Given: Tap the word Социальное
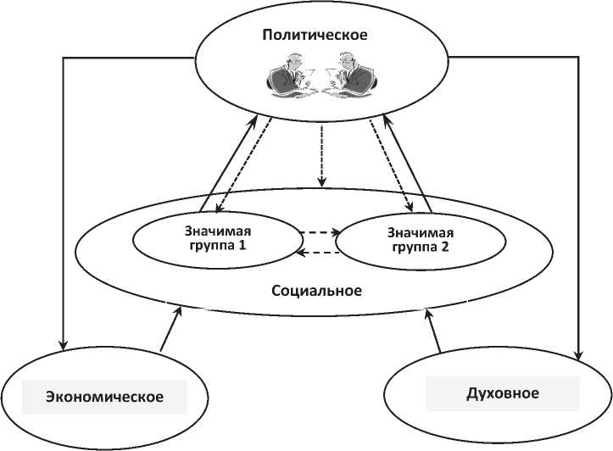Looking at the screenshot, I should coord(317,291).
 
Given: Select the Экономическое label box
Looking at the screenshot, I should coord(104,397).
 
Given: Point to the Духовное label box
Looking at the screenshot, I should coord(503,393).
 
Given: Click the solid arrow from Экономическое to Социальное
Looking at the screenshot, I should coord(170,329).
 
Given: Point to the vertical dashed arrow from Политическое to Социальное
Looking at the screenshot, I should coord(320,156).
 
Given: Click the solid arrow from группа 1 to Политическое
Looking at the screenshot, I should coord(226,165).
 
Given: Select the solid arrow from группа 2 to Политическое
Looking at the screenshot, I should coord(410,165).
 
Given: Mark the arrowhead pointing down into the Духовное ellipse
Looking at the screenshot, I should coord(578,353).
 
